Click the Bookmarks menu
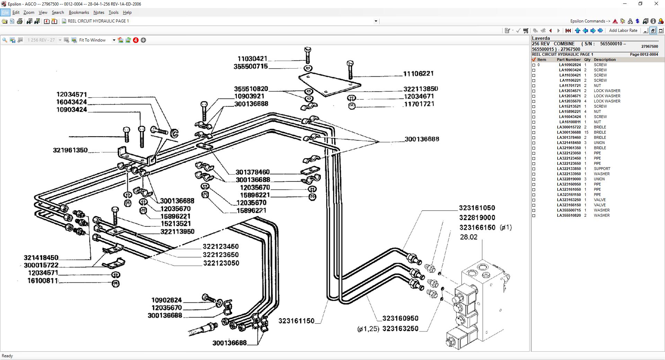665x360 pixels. (79, 12)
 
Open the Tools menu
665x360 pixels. (113, 12)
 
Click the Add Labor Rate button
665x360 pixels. (623, 30)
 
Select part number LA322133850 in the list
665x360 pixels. (569, 169)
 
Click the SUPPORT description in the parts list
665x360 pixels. (602, 169)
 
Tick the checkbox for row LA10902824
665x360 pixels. (534, 65)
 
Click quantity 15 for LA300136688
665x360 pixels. (586, 132)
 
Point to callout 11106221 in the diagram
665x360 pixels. (418, 73)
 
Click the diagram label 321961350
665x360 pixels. (70, 150)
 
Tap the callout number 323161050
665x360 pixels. (477, 208)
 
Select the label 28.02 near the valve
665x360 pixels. (469, 237)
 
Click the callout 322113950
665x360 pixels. (177, 232)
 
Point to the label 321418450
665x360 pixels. (41, 258)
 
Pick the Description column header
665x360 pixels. (605, 60)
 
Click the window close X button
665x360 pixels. (656, 4)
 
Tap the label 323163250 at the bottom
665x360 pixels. (400, 328)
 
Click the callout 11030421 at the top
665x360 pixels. (252, 59)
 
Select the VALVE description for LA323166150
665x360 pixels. (600, 205)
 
